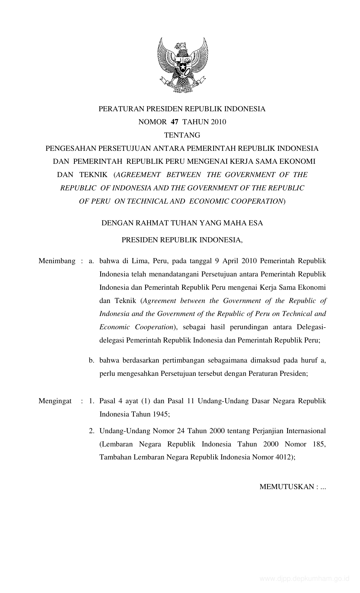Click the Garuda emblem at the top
coord(183,65)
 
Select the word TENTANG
coord(182,135)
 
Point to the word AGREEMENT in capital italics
coord(138,175)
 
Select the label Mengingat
coord(55,401)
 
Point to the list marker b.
coord(91,360)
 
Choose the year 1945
coord(160,414)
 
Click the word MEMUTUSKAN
coord(286,487)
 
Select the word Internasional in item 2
coord(306,431)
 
